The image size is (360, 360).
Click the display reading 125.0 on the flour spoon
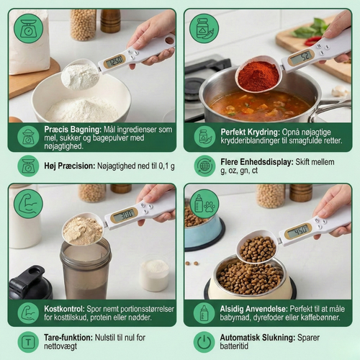click(114, 62)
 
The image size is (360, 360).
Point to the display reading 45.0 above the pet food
click(298, 231)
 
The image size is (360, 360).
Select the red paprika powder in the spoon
click(258, 76)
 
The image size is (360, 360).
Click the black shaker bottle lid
click(30, 283)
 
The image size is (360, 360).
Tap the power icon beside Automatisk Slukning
click(204, 342)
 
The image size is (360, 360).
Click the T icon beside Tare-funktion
click(28, 342)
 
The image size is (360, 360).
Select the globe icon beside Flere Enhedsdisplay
click(204, 166)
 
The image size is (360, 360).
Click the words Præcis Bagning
click(73, 130)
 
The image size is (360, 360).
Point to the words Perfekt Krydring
click(250, 132)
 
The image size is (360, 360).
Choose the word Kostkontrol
click(64, 309)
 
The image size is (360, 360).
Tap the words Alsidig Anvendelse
click(253, 309)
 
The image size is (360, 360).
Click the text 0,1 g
click(166, 166)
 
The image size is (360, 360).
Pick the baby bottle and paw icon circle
click(204, 204)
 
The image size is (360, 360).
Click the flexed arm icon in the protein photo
click(28, 204)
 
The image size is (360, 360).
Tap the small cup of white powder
click(154, 275)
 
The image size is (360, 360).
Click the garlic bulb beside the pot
click(340, 91)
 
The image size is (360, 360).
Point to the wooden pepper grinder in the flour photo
click(110, 21)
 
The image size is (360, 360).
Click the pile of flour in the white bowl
click(81, 110)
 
